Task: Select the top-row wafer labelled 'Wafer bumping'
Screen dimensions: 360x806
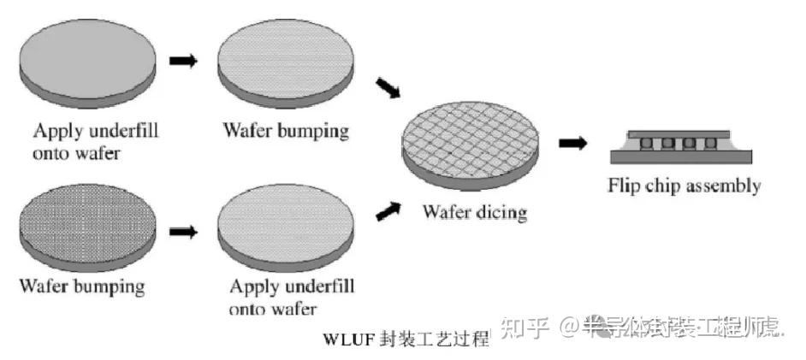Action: point(286,67)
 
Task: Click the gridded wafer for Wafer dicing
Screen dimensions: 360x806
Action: point(473,147)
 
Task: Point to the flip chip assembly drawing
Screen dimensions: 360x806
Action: point(683,145)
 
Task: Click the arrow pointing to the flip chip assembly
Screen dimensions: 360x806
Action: point(572,143)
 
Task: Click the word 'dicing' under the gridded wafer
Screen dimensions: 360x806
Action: point(499,212)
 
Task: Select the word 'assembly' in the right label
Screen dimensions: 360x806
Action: point(723,186)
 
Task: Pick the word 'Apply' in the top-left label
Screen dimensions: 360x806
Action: point(53,132)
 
